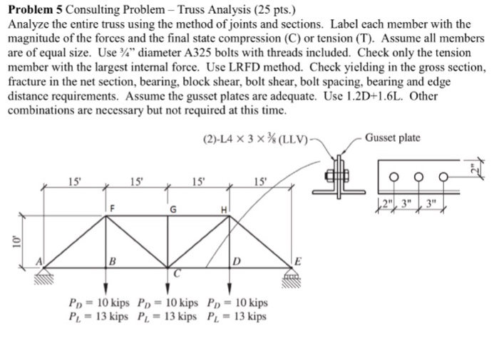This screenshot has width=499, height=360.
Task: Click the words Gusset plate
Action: pyautogui.click(x=392, y=138)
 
